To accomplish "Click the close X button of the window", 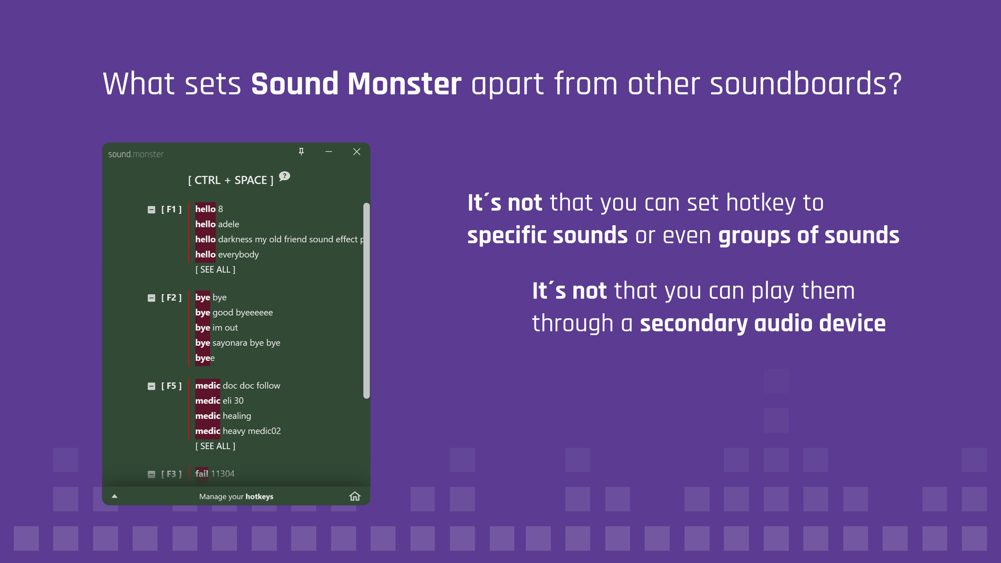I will click(x=357, y=152).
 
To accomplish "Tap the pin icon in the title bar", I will click(x=301, y=152).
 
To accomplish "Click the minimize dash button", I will click(x=328, y=152).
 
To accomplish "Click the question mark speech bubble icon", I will click(x=284, y=176).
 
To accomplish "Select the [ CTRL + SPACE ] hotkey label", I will click(x=230, y=180).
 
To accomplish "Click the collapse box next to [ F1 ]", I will click(x=151, y=210).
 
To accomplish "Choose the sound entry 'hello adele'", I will click(x=217, y=224).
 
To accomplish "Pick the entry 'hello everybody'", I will click(x=227, y=254).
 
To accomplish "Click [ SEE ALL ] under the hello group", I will click(x=215, y=270).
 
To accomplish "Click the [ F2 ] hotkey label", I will click(x=171, y=298).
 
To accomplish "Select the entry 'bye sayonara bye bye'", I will click(x=238, y=342).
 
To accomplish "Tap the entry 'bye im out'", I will click(x=216, y=327).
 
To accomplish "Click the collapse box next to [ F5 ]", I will click(x=151, y=386).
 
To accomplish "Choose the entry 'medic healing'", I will click(x=223, y=416).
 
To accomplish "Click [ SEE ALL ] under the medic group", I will click(x=215, y=446).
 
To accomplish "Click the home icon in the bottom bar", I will click(x=355, y=496).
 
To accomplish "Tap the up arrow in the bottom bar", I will click(x=115, y=496).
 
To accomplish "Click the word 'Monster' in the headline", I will click(x=404, y=84).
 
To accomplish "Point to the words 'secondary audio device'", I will click(x=762, y=323).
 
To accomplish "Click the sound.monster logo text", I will click(x=136, y=154).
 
